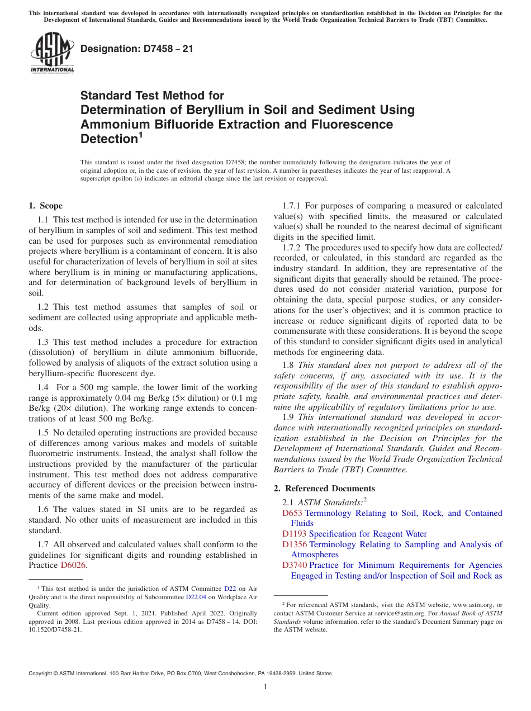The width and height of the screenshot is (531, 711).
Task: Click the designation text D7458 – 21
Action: pyautogui.click(x=136, y=49)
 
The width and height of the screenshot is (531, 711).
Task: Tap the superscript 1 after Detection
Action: pyautogui.click(x=141, y=135)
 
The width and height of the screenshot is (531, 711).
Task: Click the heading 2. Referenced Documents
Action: pyautogui.click(x=324, y=488)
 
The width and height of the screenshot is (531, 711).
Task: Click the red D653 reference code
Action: pyautogui.click(x=292, y=513)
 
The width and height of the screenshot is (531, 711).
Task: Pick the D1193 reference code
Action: pyautogui.click(x=295, y=534)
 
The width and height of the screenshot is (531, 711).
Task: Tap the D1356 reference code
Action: pyautogui.click(x=295, y=544)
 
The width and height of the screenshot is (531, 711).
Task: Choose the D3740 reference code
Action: pyautogui.click(x=295, y=565)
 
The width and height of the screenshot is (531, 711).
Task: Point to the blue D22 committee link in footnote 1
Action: pyautogui.click(x=230, y=588)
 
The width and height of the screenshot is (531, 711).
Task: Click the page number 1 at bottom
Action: pyautogui.click(x=265, y=686)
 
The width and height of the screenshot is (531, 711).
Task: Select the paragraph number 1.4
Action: pyautogui.click(x=44, y=387)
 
